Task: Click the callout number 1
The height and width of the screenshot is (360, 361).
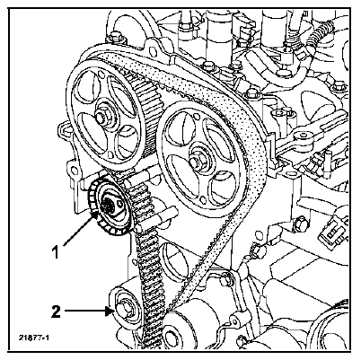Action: [x=56, y=253]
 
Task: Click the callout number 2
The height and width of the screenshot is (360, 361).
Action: [x=56, y=312]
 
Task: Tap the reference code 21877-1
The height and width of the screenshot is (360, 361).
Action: [x=34, y=338]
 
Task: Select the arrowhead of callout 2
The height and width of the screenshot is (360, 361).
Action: [x=110, y=312]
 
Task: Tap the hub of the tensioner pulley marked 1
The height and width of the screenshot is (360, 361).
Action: [x=110, y=206]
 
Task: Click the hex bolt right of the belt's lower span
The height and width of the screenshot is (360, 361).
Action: [x=225, y=280]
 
